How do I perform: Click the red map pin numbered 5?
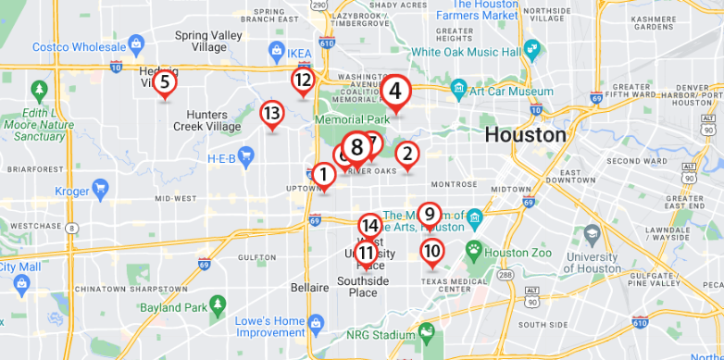pyautogui.click(x=164, y=83)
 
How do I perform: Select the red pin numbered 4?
pyautogui.click(x=395, y=92)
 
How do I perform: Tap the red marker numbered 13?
pyautogui.click(x=271, y=114)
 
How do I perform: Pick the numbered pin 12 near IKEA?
pyautogui.click(x=303, y=81)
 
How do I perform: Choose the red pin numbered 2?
pyautogui.click(x=406, y=154)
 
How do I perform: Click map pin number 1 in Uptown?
pyautogui.click(x=323, y=173)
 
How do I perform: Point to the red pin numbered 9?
pyautogui.click(x=429, y=215)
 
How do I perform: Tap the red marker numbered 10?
pyautogui.click(x=431, y=251)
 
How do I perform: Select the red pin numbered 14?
pyautogui.click(x=369, y=225)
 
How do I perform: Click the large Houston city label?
pyautogui.click(x=526, y=134)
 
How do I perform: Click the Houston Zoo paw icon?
pyautogui.click(x=475, y=249)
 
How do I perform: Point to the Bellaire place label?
pyautogui.click(x=310, y=288)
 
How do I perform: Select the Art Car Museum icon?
pyautogui.click(x=458, y=91)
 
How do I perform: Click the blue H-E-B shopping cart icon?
pyautogui.click(x=246, y=158)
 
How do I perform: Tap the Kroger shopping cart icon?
pyautogui.click(x=101, y=191)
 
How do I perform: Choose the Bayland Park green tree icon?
pyautogui.click(x=218, y=304)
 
